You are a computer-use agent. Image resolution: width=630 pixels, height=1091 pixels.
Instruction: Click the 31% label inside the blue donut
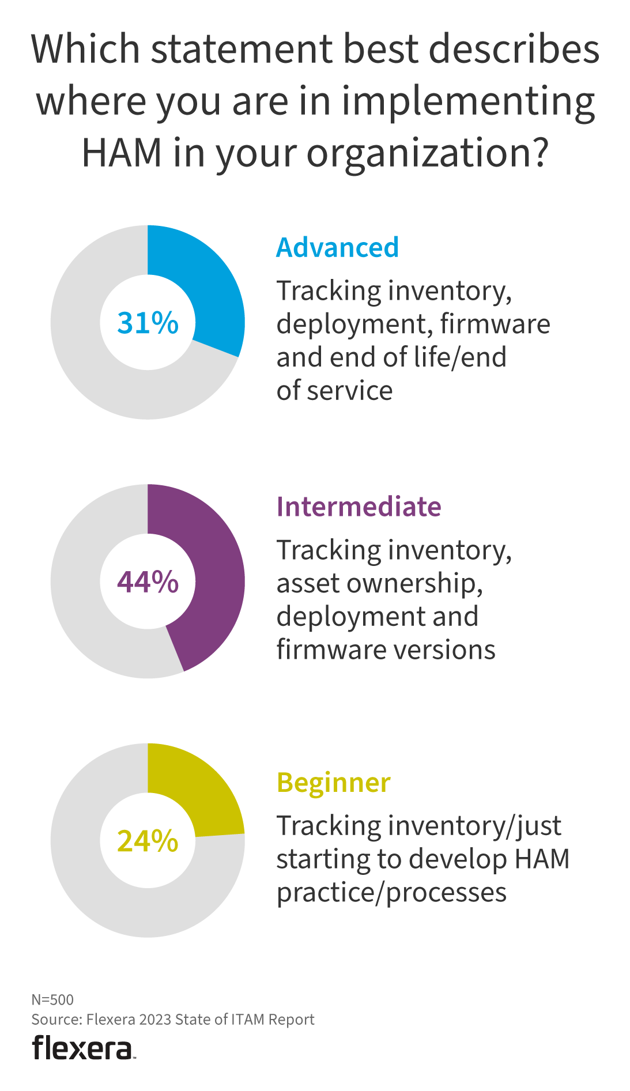(148, 323)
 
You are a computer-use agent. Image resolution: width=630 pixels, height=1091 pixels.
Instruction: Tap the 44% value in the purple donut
(148, 582)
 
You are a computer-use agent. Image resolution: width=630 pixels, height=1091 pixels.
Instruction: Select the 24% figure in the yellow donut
(148, 841)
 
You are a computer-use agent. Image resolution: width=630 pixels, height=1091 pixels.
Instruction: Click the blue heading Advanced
(337, 248)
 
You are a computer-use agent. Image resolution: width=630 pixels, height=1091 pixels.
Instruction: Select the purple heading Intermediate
(359, 507)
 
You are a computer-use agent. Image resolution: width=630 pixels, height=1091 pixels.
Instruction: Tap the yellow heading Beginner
(333, 783)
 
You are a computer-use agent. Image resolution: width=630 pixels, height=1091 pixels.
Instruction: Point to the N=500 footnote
(52, 999)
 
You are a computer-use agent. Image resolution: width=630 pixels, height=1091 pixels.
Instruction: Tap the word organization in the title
(425, 154)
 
